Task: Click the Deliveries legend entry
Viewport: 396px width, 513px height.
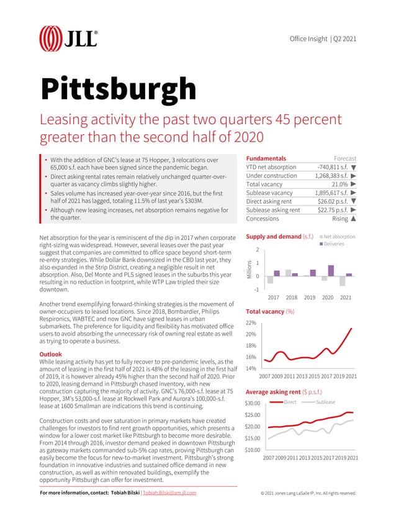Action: pyautogui.click(x=338, y=243)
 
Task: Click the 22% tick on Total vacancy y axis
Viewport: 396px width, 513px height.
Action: pyautogui.click(x=252, y=324)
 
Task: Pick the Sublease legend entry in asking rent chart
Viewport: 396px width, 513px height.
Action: pyautogui.click(x=325, y=402)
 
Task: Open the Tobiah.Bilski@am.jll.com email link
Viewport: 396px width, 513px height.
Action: pyautogui.click(x=169, y=493)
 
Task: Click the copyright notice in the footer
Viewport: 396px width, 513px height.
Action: pyautogui.click(x=308, y=493)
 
